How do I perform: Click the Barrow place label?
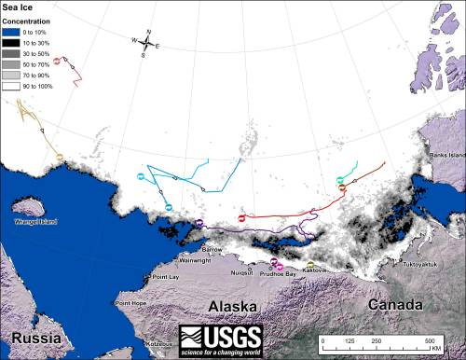tap(212, 249)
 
